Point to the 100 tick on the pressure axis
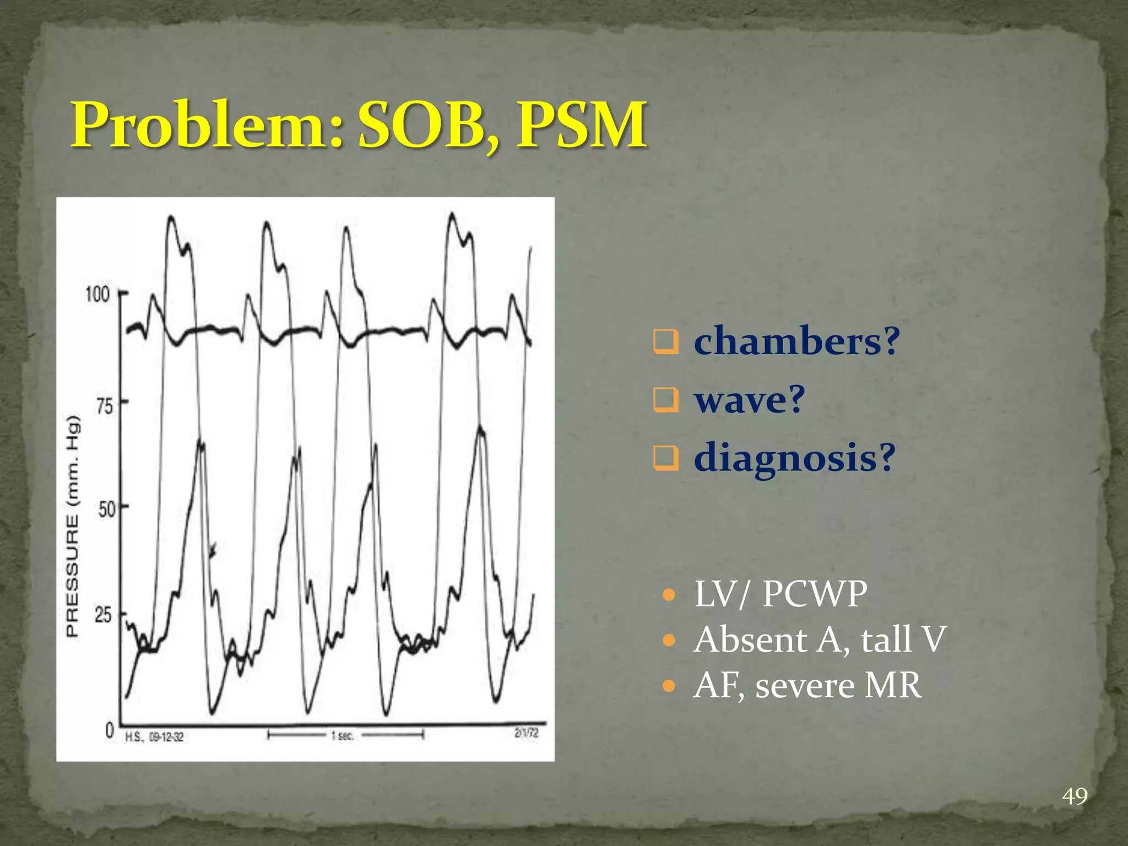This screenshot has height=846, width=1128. (x=97, y=294)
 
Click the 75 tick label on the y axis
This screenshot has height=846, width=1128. (x=104, y=406)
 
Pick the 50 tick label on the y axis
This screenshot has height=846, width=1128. (x=106, y=509)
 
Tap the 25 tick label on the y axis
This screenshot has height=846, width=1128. (x=104, y=615)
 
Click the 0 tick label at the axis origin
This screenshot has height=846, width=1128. (x=110, y=731)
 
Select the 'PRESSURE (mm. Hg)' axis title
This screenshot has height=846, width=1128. (x=73, y=527)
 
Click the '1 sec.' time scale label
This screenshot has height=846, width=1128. (x=343, y=735)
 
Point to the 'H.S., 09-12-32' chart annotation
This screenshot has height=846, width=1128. (x=155, y=736)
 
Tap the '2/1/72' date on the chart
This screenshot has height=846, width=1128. (x=527, y=733)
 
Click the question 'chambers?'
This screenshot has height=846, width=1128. (x=796, y=341)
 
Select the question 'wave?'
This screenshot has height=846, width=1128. (x=749, y=400)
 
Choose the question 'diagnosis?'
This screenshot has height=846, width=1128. (x=794, y=458)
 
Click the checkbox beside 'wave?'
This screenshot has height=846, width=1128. (x=666, y=400)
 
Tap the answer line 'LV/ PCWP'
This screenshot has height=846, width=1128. (x=780, y=594)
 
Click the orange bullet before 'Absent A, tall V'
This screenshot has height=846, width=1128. (x=669, y=640)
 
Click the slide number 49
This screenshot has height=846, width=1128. (x=1075, y=796)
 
